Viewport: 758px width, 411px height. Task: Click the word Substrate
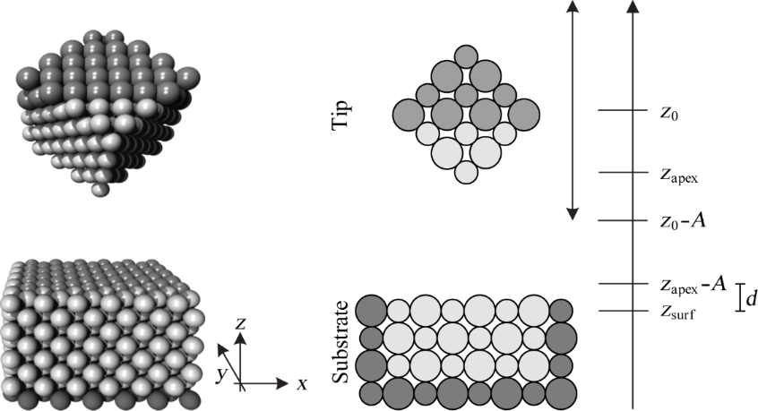click(x=340, y=342)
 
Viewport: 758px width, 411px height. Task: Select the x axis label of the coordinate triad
click(x=303, y=384)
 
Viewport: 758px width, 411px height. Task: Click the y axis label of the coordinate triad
click(x=220, y=369)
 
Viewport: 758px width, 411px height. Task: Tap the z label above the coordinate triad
click(x=239, y=322)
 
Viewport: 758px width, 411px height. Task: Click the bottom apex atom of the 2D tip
click(x=465, y=172)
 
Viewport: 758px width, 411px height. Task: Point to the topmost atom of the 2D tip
click(x=465, y=56)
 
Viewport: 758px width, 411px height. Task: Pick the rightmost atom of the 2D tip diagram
click(x=524, y=113)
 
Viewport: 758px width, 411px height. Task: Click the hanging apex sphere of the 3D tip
click(x=101, y=189)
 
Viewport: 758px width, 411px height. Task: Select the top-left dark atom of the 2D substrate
click(x=371, y=310)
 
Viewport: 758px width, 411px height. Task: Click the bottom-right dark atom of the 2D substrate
click(x=562, y=392)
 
